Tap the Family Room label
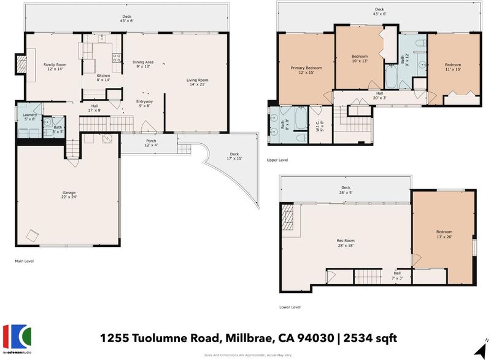coord(55,65)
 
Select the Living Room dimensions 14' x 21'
coord(197,84)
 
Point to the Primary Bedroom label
coord(306,68)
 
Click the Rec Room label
coord(346,240)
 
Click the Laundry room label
coord(29,115)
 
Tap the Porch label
coord(151,141)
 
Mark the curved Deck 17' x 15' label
coord(234,156)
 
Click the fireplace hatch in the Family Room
coord(21,64)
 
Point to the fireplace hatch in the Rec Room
coord(287,217)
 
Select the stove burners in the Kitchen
coord(117,58)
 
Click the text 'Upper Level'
coord(277,160)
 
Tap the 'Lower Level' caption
coord(290,307)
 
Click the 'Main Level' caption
coord(24,261)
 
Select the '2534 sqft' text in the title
coord(370,338)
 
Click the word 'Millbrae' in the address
coord(250,338)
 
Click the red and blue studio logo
coord(17,337)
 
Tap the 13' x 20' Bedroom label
coord(444,234)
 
